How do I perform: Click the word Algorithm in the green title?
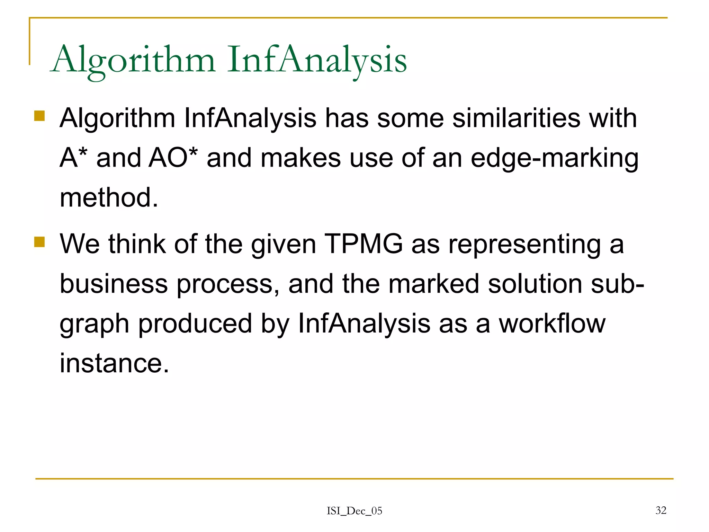tap(134, 61)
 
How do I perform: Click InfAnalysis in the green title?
tap(317, 61)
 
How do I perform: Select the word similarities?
tap(516, 118)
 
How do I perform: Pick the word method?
tap(109, 197)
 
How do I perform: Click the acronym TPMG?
tap(364, 244)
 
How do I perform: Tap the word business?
tap(114, 284)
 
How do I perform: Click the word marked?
tap(434, 284)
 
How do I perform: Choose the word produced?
tap(195, 324)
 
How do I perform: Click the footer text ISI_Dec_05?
tap(354, 511)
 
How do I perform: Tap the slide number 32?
tap(661, 510)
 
